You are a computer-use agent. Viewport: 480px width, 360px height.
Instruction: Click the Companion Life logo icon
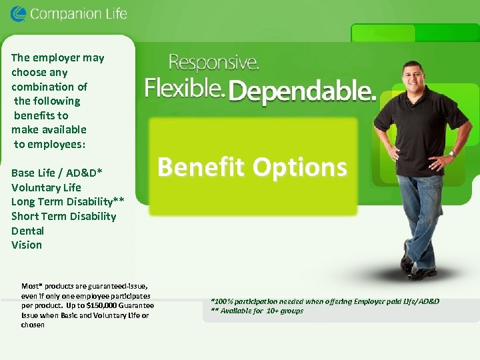19,13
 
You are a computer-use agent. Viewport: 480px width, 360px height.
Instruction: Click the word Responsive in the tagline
213,64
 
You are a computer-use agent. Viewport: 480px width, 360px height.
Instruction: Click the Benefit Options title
252,167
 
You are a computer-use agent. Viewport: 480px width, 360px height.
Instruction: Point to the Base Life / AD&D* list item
57,173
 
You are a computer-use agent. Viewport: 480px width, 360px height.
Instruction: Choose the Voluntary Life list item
46,187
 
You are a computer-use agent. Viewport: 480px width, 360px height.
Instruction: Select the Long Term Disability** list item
67,201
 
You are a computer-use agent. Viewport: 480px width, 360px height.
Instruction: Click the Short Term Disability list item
63,216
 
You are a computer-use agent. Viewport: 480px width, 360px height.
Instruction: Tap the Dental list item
27,231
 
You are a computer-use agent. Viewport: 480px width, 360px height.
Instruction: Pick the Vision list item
27,245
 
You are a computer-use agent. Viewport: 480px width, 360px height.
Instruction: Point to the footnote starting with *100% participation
325,301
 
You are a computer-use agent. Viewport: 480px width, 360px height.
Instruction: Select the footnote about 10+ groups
257,311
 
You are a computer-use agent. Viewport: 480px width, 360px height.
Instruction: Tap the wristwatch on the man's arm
453,153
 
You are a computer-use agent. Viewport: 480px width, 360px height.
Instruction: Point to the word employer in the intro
58,58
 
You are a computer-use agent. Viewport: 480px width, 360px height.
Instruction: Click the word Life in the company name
112,13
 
